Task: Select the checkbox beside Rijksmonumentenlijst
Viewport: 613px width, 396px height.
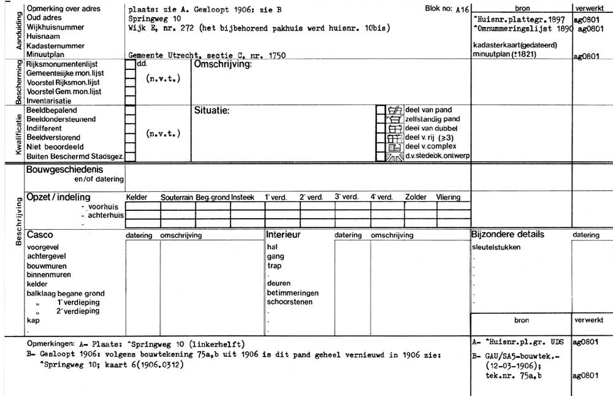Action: [130, 64]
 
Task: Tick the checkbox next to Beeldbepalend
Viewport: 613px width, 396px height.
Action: [130, 110]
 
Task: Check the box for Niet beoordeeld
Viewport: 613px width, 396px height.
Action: [130, 147]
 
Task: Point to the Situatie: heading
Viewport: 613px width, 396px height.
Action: [211, 111]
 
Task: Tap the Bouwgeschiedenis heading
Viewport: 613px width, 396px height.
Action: [64, 170]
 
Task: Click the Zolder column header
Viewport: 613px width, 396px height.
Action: [416, 197]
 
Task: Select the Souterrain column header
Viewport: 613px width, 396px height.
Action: [177, 197]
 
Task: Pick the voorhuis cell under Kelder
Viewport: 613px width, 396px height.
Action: [143, 207]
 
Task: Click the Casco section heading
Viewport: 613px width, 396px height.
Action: [40, 235]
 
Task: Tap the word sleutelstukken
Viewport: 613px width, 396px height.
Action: [496, 248]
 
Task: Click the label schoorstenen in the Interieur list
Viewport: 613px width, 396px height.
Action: [289, 302]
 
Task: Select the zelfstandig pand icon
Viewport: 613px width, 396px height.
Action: [395, 119]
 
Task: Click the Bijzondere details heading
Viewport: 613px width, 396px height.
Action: [507, 235]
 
